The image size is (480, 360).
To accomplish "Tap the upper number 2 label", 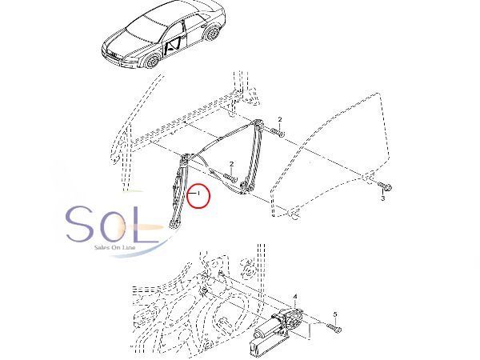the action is click(x=281, y=119).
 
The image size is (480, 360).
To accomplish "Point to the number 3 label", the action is click(x=383, y=198).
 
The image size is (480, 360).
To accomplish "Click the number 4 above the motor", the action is click(x=295, y=297).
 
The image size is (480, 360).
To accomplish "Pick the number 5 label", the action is click(x=336, y=314).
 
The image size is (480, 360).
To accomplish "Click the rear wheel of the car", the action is click(x=213, y=34).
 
